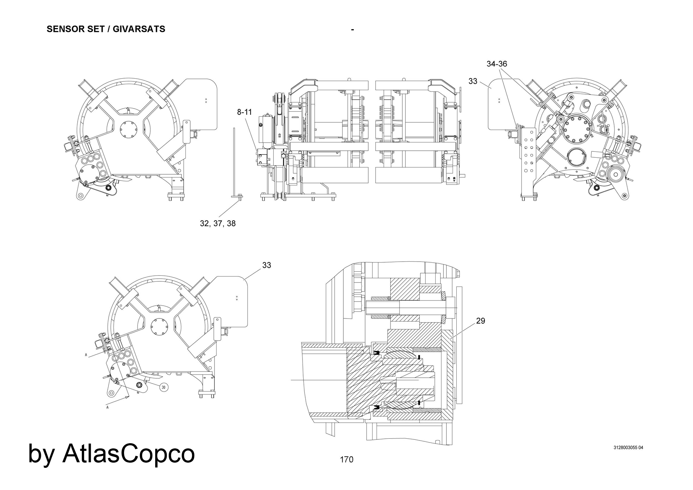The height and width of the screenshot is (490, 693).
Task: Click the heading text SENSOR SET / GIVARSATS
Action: pos(106,29)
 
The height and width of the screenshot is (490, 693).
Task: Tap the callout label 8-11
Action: pos(244,112)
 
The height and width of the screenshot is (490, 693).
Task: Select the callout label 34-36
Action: pos(497,64)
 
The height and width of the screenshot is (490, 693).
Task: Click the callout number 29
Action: pos(481,321)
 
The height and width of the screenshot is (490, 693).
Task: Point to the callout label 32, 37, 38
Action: pos(218,224)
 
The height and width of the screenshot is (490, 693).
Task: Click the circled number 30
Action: pos(164,387)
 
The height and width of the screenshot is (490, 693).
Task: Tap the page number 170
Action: pos(346,460)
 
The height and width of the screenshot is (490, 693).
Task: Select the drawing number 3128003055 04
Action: pos(628,447)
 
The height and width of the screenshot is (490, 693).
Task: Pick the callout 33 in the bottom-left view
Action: pos(266,265)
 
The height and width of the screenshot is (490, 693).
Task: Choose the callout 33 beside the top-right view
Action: pos(473,81)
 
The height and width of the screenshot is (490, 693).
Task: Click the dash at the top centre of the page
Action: pos(352,30)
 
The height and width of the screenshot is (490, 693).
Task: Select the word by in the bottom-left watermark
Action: pos(41,454)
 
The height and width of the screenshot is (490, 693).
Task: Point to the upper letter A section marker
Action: pos(86,355)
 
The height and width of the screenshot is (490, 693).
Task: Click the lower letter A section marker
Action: pos(107,408)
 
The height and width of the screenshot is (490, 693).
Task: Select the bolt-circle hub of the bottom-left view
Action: pos(158,326)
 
